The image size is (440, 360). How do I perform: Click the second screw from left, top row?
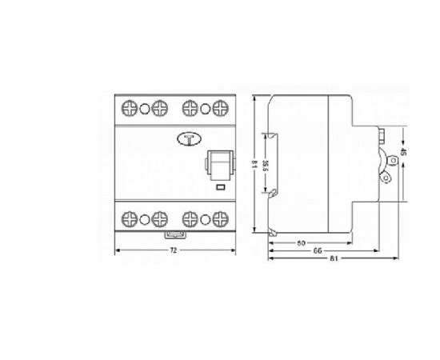tap(159, 106)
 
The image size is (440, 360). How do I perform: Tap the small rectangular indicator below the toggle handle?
tap(221, 189)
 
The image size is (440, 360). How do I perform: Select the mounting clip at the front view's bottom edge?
tap(174, 234)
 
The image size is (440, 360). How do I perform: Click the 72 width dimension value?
tap(174, 251)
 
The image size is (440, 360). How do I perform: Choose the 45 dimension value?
tap(404, 153)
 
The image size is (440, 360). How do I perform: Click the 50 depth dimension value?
tap(302, 242)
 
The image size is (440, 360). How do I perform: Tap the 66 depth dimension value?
tap(318, 251)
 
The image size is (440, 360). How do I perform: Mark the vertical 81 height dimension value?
tap(254, 166)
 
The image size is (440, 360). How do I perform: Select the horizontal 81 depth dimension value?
tap(332, 261)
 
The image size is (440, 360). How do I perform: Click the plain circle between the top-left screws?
tap(145, 106)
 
